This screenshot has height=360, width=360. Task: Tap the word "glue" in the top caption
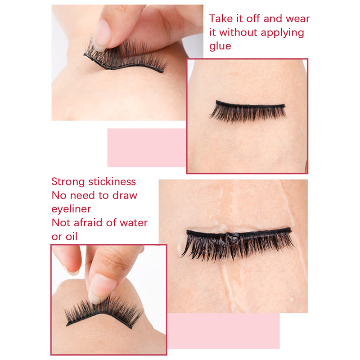pyautogui.click(x=220, y=46)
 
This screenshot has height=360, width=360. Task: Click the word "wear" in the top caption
pyautogui.click(x=298, y=19)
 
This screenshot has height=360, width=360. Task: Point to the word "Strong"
pyautogui.click(x=68, y=182)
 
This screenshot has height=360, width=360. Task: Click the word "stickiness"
pyautogui.click(x=112, y=182)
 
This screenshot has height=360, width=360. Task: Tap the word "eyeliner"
pyautogui.click(x=71, y=209)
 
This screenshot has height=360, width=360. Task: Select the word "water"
pyautogui.click(x=134, y=223)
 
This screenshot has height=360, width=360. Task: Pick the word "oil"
pyautogui.click(x=71, y=236)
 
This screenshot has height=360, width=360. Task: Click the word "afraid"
pyautogui.click(x=84, y=222)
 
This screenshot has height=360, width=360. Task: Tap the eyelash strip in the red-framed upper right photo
pyautogui.click(x=248, y=111)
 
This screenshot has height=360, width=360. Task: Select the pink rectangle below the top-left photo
pyautogui.click(x=147, y=148)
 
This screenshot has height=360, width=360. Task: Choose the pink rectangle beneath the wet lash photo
pyautogui.click(x=224, y=330)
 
